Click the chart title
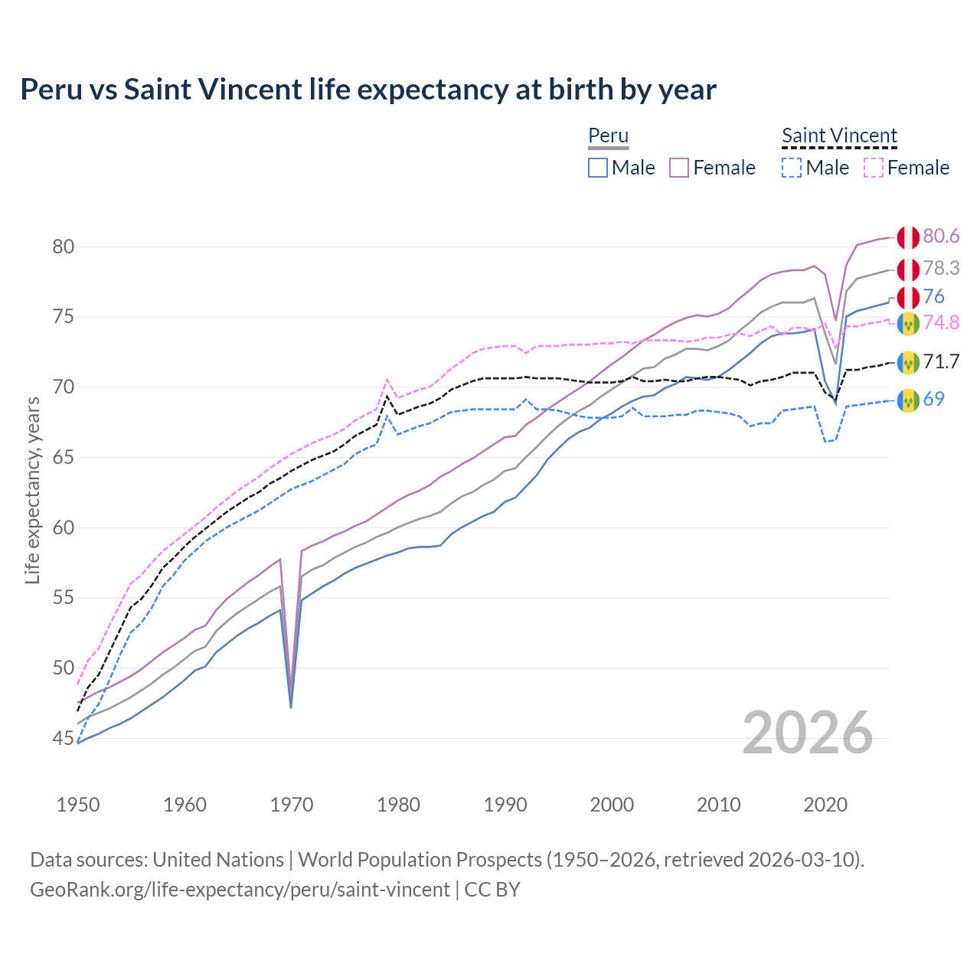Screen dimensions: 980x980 pyautogui.click(x=368, y=90)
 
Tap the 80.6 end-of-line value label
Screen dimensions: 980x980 pyautogui.click(x=941, y=237)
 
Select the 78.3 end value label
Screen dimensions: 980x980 pyautogui.click(x=941, y=269)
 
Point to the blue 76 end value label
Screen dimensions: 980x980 pyautogui.click(x=933, y=297)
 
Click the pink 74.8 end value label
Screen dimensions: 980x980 pyautogui.click(x=941, y=323)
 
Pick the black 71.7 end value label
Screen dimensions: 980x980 pyautogui.click(x=941, y=361)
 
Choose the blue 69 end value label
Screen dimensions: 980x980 pyautogui.click(x=933, y=399)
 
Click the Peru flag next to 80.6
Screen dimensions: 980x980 pyautogui.click(x=908, y=237)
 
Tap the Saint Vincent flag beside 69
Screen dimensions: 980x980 pyautogui.click(x=908, y=400)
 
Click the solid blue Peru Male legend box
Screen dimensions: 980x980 pyautogui.click(x=598, y=168)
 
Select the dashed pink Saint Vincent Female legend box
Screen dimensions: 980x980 pyautogui.click(x=874, y=168)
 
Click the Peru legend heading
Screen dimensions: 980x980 pyautogui.click(x=608, y=136)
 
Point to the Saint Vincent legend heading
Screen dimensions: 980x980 pyautogui.click(x=839, y=136)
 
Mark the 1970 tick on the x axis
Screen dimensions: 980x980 pyautogui.click(x=292, y=805)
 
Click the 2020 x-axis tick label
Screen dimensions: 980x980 pyautogui.click(x=825, y=805)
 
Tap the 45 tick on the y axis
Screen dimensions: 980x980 pyautogui.click(x=64, y=739)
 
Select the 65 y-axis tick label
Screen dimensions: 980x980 pyautogui.click(x=64, y=458)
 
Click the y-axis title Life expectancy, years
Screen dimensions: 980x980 pyautogui.click(x=33, y=490)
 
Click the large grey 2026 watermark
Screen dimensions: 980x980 pyautogui.click(x=808, y=733)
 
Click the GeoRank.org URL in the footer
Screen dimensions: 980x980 pyautogui.click(x=240, y=890)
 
